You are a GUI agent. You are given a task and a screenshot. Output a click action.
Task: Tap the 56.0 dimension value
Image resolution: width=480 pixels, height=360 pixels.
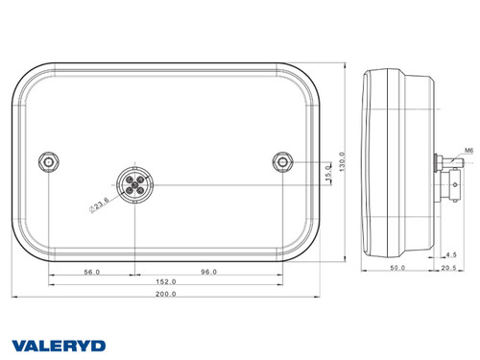[92, 272]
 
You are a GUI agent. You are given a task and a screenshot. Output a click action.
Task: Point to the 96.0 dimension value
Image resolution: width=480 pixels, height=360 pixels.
[209, 272]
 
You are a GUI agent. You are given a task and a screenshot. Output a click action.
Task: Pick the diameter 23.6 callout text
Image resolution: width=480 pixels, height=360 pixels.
[99, 202]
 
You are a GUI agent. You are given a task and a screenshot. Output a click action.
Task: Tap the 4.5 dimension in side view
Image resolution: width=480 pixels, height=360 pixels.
[451, 254]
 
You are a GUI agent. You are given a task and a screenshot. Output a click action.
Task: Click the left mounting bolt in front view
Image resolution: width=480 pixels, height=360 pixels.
[49, 160]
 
